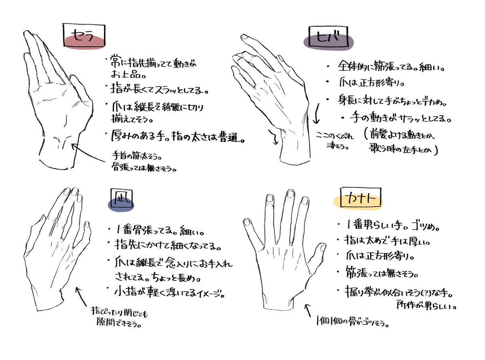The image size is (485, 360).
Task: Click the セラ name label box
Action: click(x=84, y=35)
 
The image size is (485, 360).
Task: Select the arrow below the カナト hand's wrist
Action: click(x=308, y=311)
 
